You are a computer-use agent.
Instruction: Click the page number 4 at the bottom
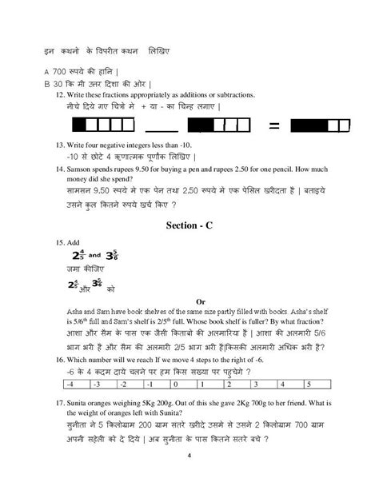coord(189,456)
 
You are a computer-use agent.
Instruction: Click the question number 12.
coord(58,94)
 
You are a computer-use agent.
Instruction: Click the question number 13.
coord(58,145)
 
